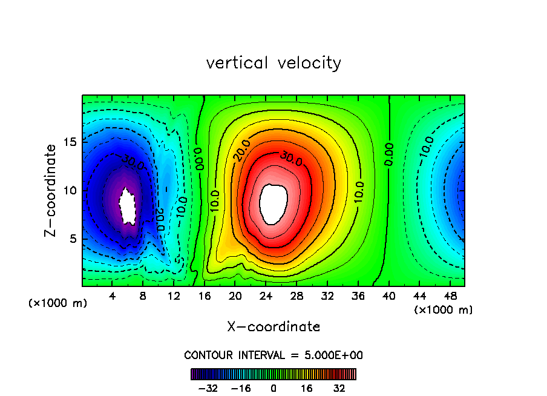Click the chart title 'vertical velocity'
(273, 63)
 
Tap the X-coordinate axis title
(273, 327)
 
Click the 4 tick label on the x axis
(113, 296)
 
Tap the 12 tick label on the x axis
(174, 296)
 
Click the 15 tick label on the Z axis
(70, 142)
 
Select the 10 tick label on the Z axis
(70, 190)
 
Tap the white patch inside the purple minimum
(128, 206)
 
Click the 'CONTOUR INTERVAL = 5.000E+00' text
(273, 355)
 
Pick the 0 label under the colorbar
(273, 388)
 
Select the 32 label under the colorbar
(338, 388)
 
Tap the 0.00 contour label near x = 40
(388, 154)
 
